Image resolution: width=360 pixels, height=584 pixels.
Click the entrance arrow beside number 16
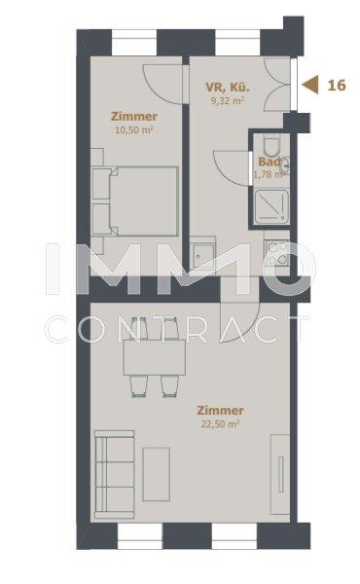pyautogui.click(x=310, y=85)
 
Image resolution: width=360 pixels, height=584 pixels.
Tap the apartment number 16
pyautogui.click(x=337, y=86)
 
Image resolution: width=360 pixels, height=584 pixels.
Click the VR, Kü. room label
pyautogui.click(x=228, y=88)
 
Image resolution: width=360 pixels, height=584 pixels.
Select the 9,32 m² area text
pyautogui.click(x=228, y=100)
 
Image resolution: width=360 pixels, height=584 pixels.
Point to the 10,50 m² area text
pyautogui.click(x=134, y=130)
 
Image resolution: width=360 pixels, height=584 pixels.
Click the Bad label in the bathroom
pyautogui.click(x=270, y=162)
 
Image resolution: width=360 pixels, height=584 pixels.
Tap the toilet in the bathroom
pyautogui.click(x=271, y=146)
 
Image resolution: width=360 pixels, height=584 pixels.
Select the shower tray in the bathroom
pyautogui.click(x=271, y=206)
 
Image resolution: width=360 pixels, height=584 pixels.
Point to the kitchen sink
pyautogui.click(x=203, y=256)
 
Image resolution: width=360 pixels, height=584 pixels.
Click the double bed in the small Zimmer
pyautogui.click(x=143, y=201)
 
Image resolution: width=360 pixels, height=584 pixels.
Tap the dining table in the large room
pyautogui.click(x=155, y=357)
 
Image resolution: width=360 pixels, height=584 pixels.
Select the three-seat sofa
pyautogui.click(x=114, y=474)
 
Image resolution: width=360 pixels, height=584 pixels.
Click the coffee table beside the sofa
pyautogui.click(x=157, y=474)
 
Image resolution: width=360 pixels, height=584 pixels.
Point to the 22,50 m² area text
pyautogui.click(x=220, y=423)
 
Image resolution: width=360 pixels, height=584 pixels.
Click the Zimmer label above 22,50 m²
pyautogui.click(x=220, y=411)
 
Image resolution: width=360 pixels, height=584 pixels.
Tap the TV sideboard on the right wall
pyautogui.click(x=280, y=474)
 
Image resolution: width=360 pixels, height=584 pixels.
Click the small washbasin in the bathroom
pyautogui.click(x=285, y=165)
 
